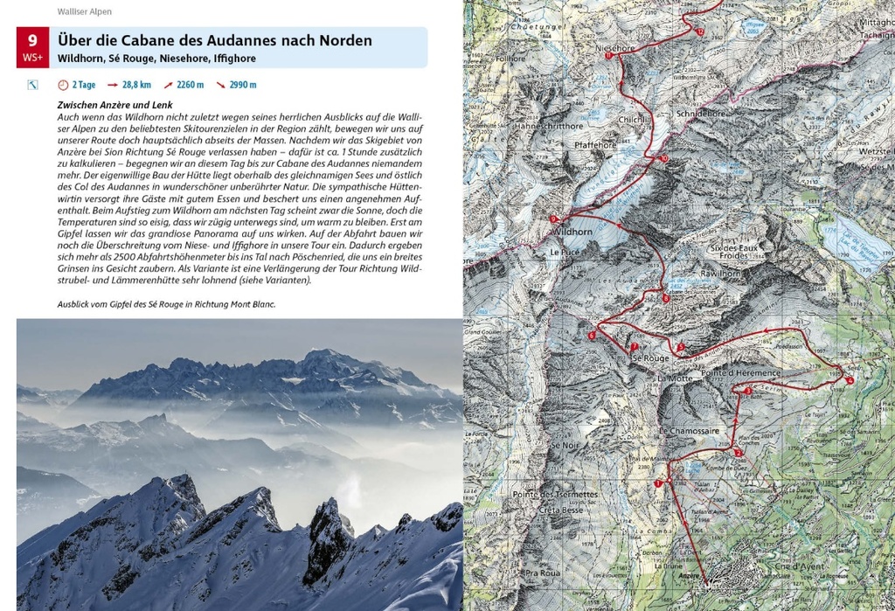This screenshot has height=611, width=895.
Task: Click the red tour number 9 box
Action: [33, 47]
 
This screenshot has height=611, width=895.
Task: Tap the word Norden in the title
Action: [339, 40]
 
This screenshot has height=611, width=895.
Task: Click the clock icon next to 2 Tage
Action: [62, 85]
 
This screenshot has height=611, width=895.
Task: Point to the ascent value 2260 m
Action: [190, 85]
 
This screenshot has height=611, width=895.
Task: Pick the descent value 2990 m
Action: [242, 85]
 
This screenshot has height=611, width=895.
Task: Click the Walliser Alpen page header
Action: [85, 12]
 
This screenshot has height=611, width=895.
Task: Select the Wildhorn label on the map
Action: [572, 232]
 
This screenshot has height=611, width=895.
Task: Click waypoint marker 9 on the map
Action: [553, 219]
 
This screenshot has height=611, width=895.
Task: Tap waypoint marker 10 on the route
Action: [663, 158]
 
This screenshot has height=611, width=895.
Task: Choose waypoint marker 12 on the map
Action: [699, 31]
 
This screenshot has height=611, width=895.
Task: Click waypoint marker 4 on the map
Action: [850, 379]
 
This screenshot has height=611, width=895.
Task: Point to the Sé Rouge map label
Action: [649, 358]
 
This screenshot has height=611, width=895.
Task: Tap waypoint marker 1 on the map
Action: [657, 483]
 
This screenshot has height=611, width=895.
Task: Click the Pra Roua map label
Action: [542, 573]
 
